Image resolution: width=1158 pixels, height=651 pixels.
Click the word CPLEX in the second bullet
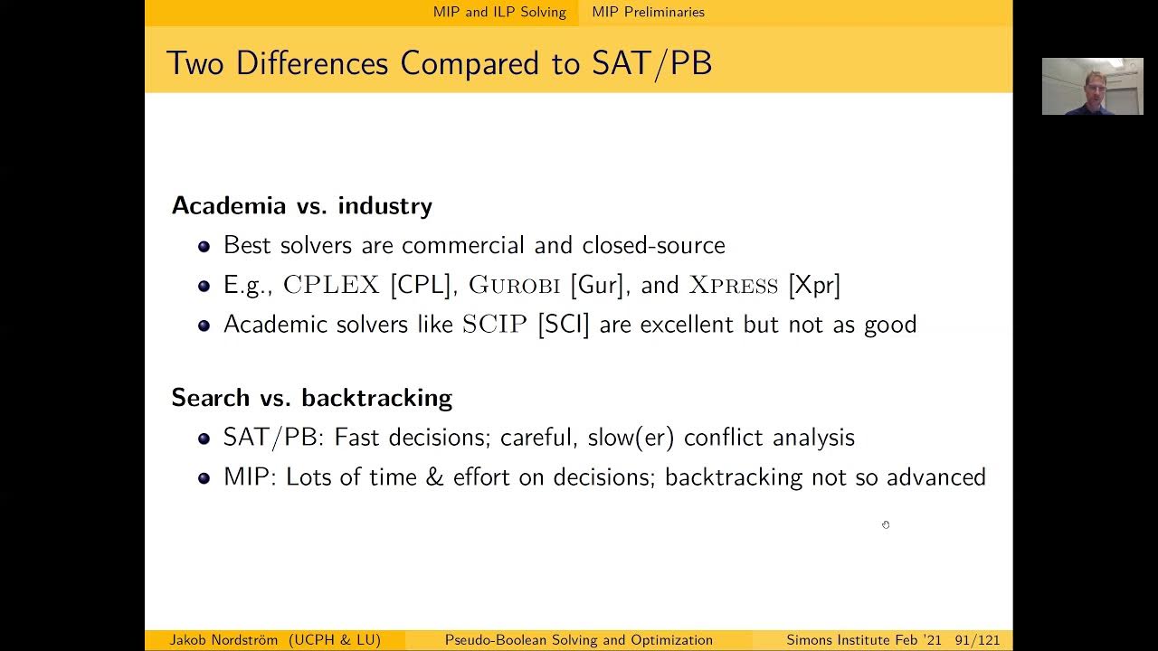331,286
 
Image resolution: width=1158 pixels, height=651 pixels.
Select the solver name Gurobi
514,286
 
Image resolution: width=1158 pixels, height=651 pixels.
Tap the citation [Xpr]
814,286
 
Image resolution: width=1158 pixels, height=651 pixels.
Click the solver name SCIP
494,325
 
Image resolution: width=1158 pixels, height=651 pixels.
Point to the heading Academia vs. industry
301,206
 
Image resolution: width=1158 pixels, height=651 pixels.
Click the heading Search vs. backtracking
311,398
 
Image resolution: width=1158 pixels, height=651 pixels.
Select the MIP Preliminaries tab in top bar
648,12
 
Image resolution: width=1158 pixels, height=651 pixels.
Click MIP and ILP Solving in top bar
499,12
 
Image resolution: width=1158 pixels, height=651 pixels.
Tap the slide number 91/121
977,640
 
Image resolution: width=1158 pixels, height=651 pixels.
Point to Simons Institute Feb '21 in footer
863,640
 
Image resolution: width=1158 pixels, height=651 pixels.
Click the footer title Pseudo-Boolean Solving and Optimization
578,640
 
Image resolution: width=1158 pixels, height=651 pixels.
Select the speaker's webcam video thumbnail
1092,87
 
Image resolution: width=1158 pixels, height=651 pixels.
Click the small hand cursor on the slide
886,524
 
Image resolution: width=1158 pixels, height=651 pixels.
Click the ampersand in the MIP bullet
434,477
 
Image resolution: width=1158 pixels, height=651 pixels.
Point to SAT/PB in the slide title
651,63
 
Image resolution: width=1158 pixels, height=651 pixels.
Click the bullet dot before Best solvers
204,246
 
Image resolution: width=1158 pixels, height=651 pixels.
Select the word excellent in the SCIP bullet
688,325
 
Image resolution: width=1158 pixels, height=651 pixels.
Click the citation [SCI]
563,325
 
